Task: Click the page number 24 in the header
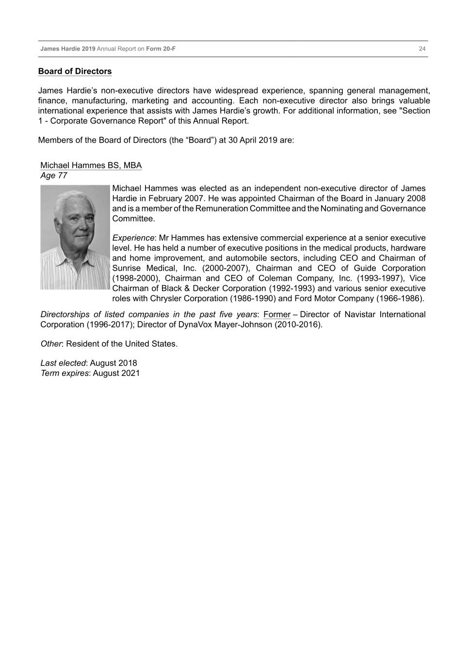click(422, 49)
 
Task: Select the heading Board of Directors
click(75, 71)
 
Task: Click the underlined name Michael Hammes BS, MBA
click(91, 165)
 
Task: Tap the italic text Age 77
click(54, 176)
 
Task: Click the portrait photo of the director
click(75, 237)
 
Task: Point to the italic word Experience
click(133, 238)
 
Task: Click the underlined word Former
click(277, 315)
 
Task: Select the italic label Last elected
click(63, 363)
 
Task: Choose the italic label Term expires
click(65, 373)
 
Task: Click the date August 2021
click(116, 373)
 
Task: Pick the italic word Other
click(51, 344)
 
